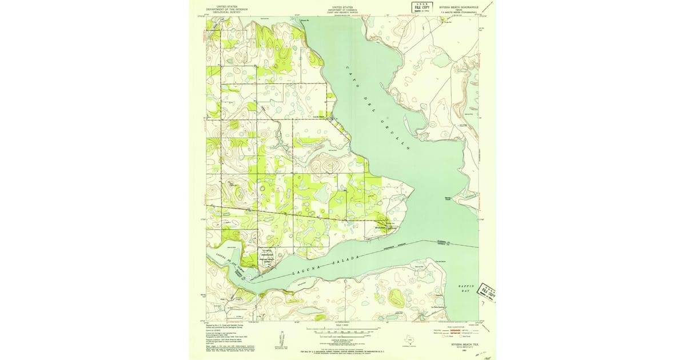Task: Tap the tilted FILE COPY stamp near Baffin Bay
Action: point(488,291)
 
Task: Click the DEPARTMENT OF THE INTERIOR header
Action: point(224,10)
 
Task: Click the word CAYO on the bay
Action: point(352,75)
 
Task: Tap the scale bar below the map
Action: point(343,330)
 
